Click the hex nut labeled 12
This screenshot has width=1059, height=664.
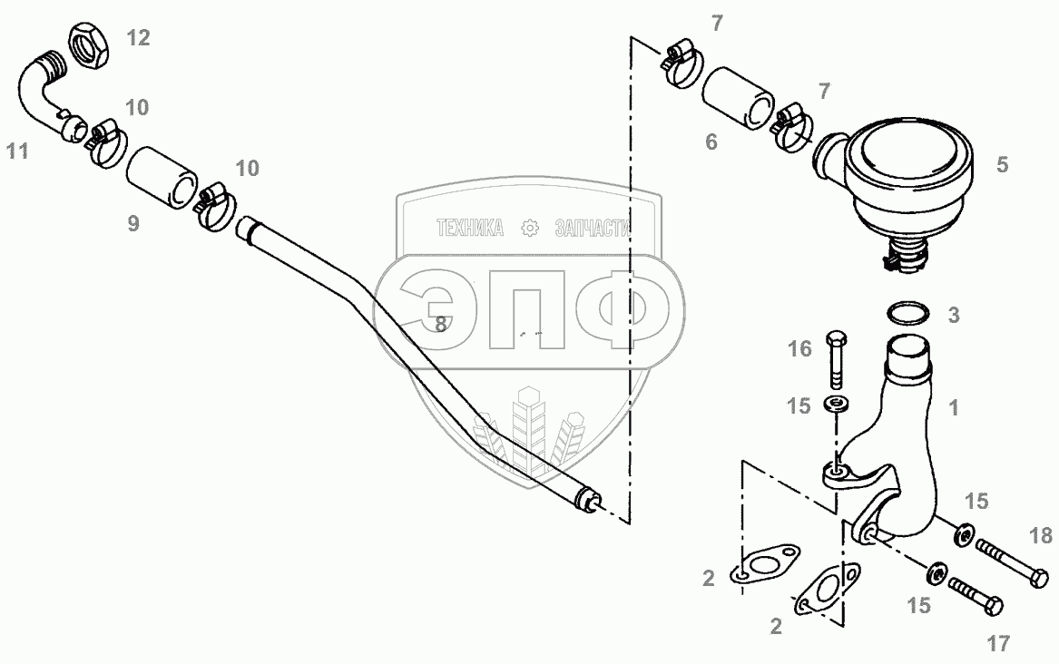88,44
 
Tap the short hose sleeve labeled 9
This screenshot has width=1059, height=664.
161,176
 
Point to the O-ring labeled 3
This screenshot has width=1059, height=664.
907,313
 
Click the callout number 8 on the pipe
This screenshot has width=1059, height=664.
440,322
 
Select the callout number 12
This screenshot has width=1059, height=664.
138,37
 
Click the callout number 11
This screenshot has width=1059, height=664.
16,151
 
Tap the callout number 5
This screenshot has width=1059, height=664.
1002,164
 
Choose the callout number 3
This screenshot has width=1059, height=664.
953,315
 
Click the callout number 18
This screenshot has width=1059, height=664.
1043,535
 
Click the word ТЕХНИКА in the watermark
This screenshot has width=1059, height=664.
470,229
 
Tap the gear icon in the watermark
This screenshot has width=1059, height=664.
530,229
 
